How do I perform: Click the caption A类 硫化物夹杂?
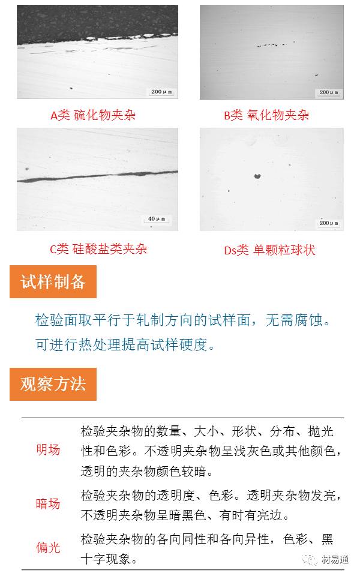pyautogui.click(x=93, y=115)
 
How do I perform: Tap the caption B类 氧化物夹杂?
pyautogui.click(x=266, y=115)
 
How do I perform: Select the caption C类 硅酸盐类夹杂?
pyautogui.click(x=98, y=248)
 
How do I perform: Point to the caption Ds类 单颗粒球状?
pyautogui.click(x=269, y=250)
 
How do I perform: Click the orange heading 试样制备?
pyautogui.click(x=53, y=282)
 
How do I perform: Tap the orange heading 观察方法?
pyautogui.click(x=53, y=384)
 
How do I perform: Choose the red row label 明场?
pyautogui.click(x=48, y=449)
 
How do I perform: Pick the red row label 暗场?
pyautogui.click(x=48, y=504)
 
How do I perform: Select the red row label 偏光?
pyautogui.click(x=48, y=547)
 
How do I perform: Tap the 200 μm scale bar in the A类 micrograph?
pyautogui.click(x=161, y=92)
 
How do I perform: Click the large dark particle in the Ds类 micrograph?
pyautogui.click(x=257, y=176)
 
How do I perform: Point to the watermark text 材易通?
pyautogui.click(x=335, y=559)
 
